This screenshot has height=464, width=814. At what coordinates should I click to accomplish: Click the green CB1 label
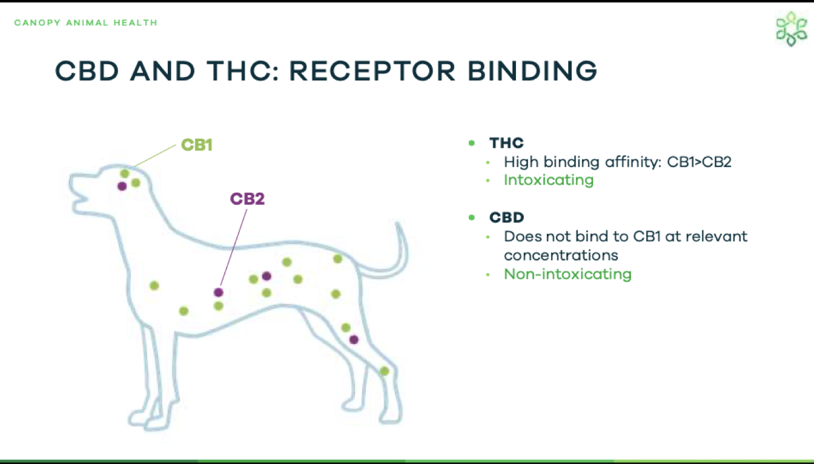[197, 145]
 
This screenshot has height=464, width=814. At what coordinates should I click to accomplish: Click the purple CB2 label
[247, 199]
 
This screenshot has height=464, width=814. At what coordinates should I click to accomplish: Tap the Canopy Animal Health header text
[86, 23]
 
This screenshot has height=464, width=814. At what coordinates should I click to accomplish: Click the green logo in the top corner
[791, 29]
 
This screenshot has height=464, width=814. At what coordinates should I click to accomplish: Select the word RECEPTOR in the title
[372, 71]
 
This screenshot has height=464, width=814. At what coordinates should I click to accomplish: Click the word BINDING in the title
[532, 71]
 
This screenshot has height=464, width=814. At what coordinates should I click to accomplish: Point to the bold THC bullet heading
[506, 143]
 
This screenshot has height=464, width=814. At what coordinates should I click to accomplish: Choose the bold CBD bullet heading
[506, 217]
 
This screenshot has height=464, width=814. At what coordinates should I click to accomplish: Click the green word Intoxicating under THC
[549, 181]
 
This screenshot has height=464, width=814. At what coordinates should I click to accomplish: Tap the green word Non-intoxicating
[567, 274]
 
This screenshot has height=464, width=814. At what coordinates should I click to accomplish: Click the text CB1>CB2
[699, 162]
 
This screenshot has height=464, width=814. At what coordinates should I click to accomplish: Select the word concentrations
[561, 256]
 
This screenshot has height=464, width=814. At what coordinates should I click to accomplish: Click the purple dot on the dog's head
[122, 187]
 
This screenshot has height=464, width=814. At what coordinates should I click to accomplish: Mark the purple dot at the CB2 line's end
[219, 292]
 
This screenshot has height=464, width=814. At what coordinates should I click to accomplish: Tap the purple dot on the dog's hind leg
[354, 340]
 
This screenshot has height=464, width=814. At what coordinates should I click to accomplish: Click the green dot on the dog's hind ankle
[384, 371]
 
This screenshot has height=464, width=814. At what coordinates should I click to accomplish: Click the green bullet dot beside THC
[472, 143]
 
